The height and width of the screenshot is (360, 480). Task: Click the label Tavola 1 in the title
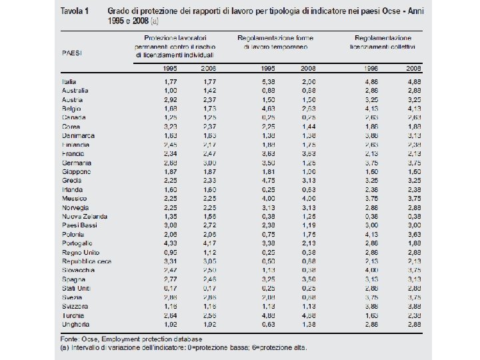point(77,13)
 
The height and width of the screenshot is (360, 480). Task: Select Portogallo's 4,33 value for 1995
point(171,243)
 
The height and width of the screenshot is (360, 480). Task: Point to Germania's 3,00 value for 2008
point(208,163)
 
